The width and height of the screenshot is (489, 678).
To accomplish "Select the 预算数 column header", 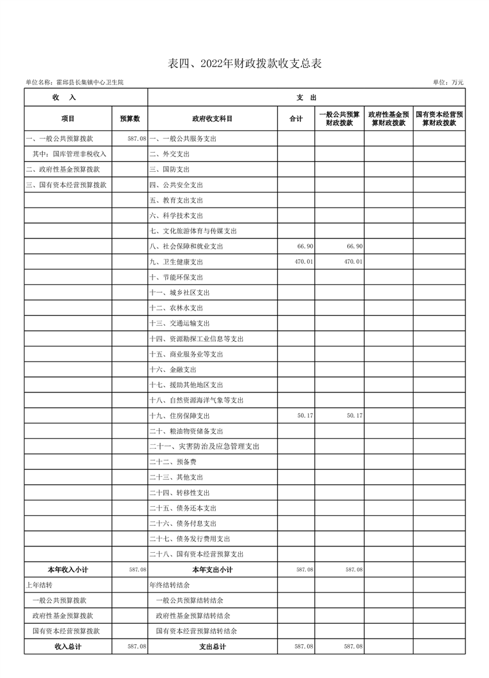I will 130,118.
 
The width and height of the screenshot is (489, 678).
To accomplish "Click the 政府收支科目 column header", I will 212,118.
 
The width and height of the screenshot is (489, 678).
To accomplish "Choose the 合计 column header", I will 296,118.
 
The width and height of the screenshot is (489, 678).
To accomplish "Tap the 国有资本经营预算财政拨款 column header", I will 439,118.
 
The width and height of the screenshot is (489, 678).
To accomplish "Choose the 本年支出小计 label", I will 212,569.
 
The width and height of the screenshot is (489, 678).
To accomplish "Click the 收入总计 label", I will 68,647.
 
